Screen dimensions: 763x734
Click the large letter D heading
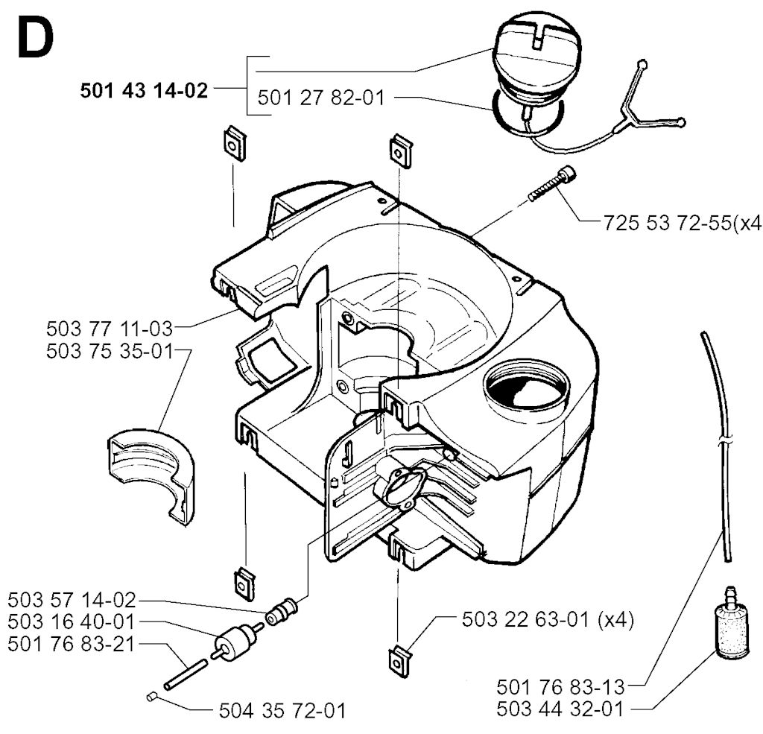(x=35, y=39)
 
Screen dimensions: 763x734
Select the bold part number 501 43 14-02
(x=144, y=91)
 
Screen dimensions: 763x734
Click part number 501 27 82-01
(x=321, y=98)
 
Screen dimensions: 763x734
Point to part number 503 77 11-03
(x=110, y=329)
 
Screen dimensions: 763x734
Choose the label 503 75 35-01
(x=110, y=351)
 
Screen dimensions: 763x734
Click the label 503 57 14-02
(x=72, y=600)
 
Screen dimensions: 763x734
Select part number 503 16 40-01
(x=72, y=622)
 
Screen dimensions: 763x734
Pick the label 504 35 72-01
(x=282, y=711)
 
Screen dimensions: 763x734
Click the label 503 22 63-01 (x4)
(x=548, y=620)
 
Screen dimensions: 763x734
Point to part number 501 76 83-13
(x=560, y=687)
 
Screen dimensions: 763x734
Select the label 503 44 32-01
(x=560, y=709)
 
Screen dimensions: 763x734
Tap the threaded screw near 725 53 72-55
(x=552, y=183)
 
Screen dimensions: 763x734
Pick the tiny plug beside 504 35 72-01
(x=151, y=697)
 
